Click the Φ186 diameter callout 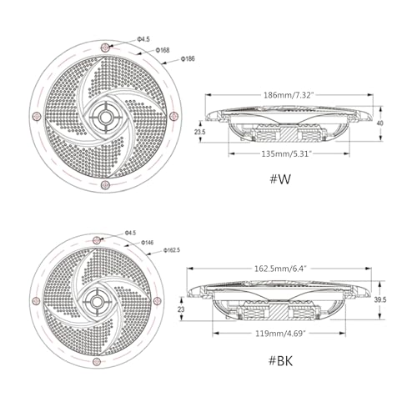pyautogui.click(x=188, y=58)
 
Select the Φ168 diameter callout pyautogui.click(x=163, y=50)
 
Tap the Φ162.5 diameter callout pyautogui.click(x=172, y=250)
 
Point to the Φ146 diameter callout pyautogui.click(x=148, y=243)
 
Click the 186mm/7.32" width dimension pyautogui.click(x=289, y=95)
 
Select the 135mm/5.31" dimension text pyautogui.click(x=285, y=153)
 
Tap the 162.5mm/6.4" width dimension pyautogui.click(x=280, y=269)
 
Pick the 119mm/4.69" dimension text pyautogui.click(x=281, y=333)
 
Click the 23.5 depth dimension pyautogui.click(x=200, y=132)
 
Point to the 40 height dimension pyautogui.click(x=379, y=123)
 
